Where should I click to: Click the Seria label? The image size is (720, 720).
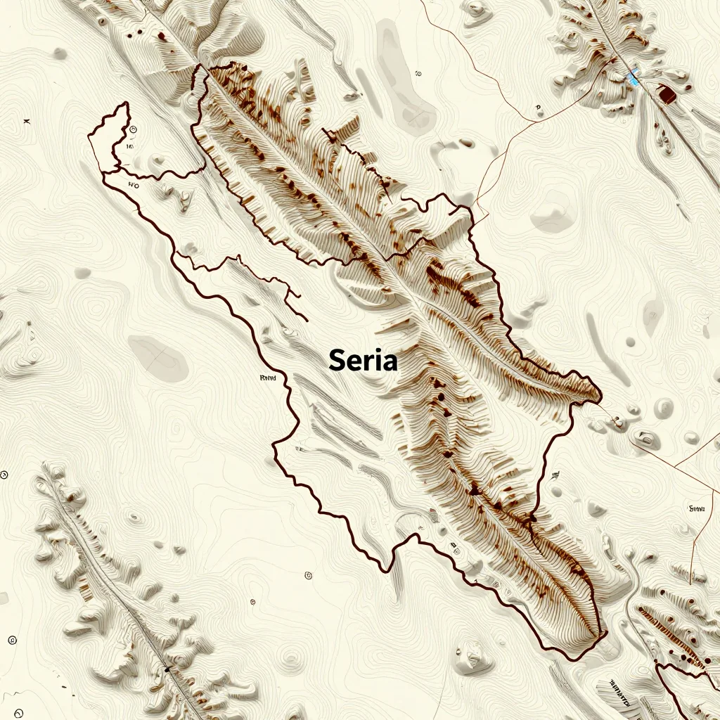coord(363,361)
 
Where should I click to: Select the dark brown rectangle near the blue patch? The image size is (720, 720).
coord(665,94)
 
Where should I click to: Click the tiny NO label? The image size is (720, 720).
coord(133,185)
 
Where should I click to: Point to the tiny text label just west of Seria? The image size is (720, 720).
coord(268,378)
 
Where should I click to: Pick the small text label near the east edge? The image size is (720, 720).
coord(697,508)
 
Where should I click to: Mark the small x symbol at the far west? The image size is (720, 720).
coord(27,122)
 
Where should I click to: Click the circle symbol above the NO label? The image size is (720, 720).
coord(132,129)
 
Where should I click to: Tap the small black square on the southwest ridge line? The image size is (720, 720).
coord(167,669)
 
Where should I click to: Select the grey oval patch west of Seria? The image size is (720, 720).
coord(159,357)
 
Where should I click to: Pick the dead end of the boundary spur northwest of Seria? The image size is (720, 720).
coord(307,321)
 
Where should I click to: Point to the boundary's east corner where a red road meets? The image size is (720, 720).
coord(600,399)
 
